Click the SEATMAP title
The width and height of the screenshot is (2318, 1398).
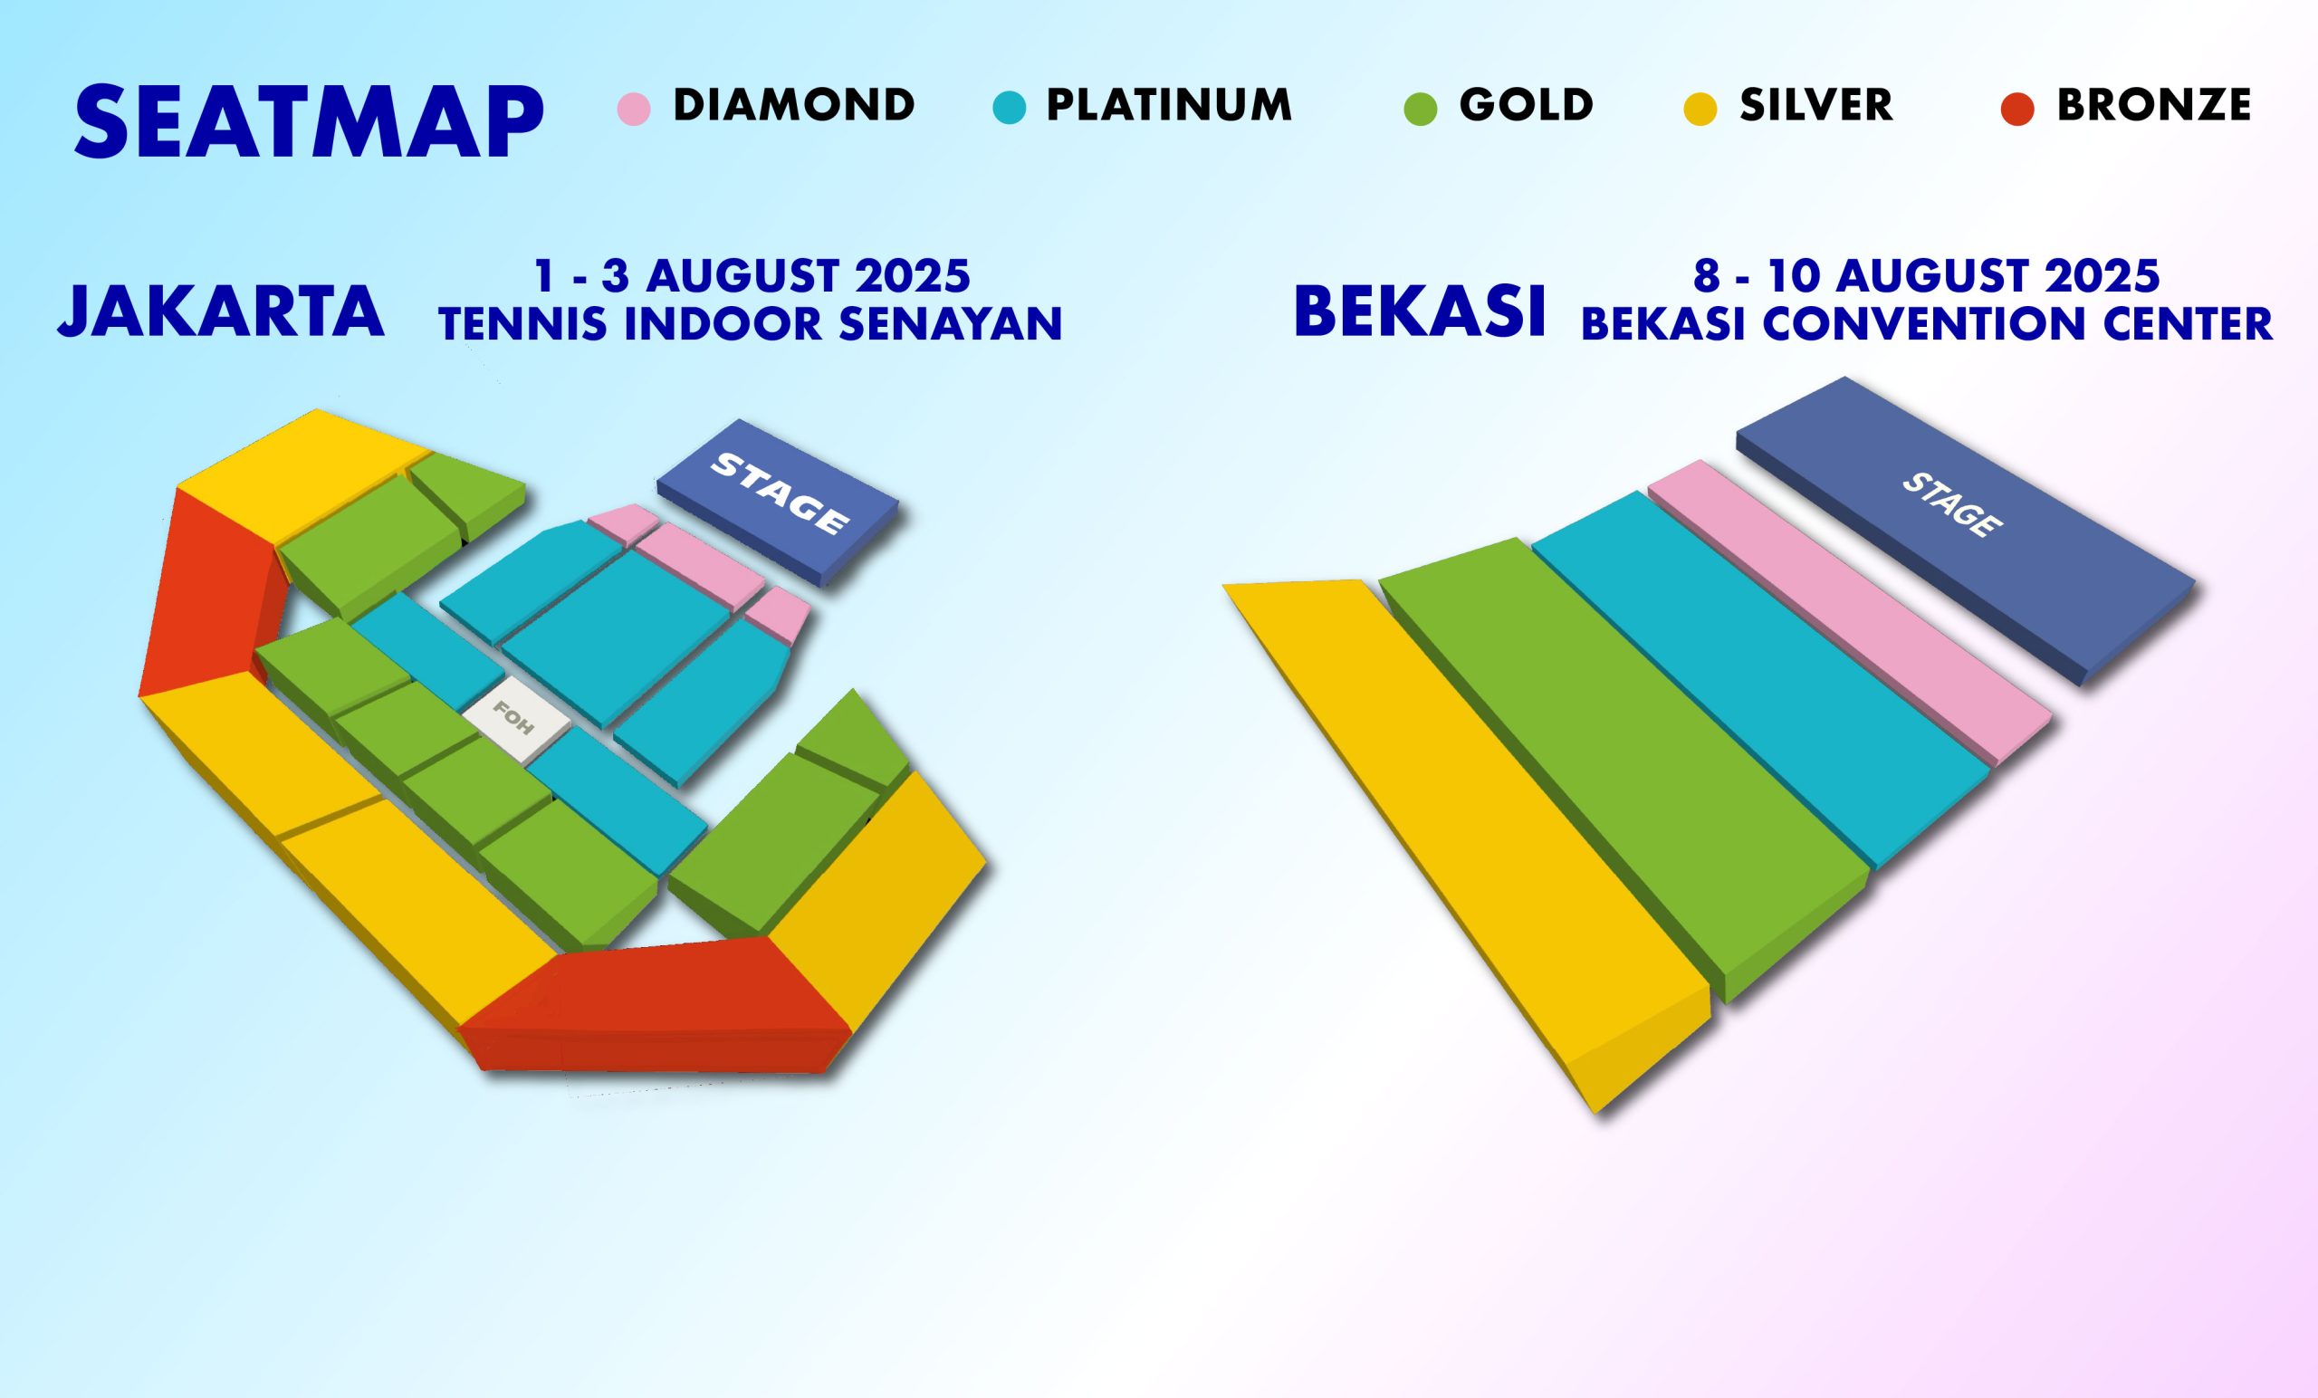pos(309,122)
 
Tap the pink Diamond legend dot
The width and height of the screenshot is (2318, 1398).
pos(633,108)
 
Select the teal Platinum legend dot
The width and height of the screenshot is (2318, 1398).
pos(1009,108)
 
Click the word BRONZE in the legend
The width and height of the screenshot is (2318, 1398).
pos(2154,104)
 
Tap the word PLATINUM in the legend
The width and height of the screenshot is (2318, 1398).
pos(1169,104)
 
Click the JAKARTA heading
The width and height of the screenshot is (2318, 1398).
pos(221,311)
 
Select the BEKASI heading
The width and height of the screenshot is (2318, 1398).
pos(1421,311)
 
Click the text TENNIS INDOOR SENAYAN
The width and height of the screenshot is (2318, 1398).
pos(751,323)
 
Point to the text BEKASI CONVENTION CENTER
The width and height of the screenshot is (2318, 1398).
pos(1927,323)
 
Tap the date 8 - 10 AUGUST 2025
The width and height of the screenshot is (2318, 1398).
pos(1927,275)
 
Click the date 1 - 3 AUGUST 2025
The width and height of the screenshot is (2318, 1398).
pos(752,275)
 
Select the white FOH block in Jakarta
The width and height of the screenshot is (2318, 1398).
pos(515,720)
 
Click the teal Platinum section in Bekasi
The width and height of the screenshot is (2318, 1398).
pos(1759,677)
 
